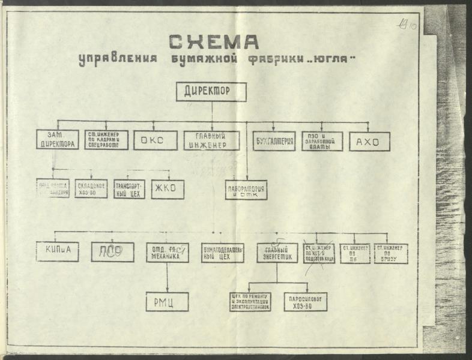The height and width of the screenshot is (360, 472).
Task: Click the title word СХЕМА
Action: coord(213,42)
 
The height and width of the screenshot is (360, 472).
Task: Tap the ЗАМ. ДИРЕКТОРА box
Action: coord(57,140)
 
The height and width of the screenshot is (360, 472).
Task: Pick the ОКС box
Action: coord(156,140)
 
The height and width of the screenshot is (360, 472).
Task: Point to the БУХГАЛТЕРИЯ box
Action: coord(274,141)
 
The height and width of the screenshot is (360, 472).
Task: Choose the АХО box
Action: coord(369,141)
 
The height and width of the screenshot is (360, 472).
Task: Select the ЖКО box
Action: coord(168,189)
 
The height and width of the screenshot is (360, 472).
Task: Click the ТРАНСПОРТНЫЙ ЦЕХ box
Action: coord(129,189)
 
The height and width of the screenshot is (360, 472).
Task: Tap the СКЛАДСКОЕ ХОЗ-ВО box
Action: coord(91,189)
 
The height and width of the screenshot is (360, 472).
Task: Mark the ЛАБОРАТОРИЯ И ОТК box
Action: coord(246,190)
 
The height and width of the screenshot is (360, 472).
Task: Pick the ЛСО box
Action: coord(112,252)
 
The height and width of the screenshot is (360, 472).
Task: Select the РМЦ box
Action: coord(168,302)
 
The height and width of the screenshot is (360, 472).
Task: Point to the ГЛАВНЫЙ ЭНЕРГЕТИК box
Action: coord(277,253)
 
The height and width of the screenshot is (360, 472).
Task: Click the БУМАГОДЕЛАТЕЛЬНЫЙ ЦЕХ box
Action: coord(222,253)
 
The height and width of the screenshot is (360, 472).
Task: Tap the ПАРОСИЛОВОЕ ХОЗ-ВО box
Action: coord(306,302)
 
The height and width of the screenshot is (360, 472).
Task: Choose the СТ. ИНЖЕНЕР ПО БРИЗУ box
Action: coord(391,253)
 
